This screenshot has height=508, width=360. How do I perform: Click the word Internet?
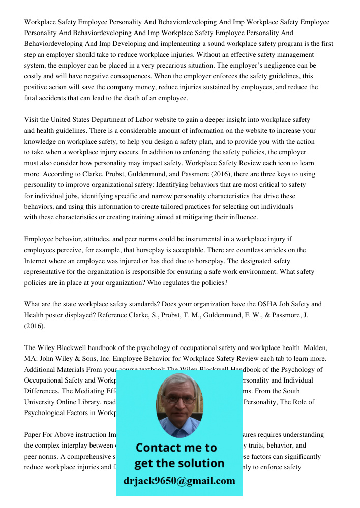[36, 261]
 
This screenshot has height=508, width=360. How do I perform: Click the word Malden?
[316, 348]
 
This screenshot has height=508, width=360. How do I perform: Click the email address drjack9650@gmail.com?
[179, 480]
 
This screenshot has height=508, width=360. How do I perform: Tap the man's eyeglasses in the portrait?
[178, 399]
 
